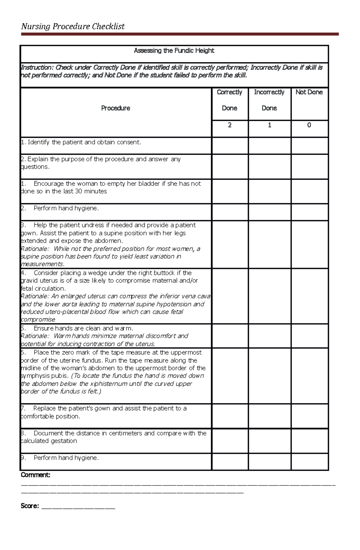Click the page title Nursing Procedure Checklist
point(73,27)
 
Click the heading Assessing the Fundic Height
point(174,51)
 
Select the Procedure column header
point(115,108)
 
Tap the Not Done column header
point(309,92)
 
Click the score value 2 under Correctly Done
point(230,125)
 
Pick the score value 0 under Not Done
point(309,125)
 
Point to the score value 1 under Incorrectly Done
point(269,125)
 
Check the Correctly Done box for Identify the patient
point(230,146)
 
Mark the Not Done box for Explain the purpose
point(309,167)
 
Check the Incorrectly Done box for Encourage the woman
point(269,191)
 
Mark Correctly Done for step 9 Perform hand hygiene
point(230,461)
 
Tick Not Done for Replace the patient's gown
point(309,416)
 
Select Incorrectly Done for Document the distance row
point(269,441)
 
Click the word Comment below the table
point(35,475)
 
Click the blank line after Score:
point(78,506)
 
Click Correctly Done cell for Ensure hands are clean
point(230,336)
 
